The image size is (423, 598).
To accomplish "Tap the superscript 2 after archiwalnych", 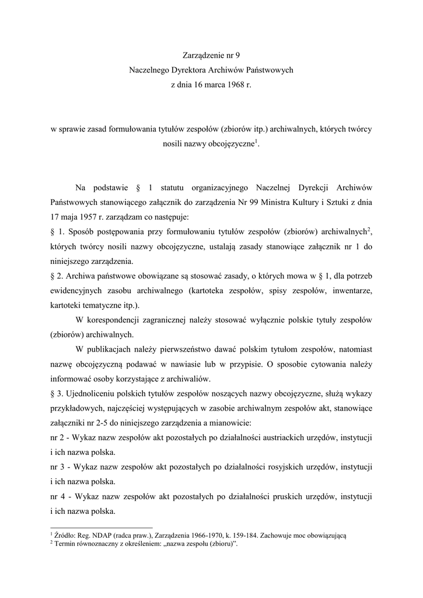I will click(371, 230).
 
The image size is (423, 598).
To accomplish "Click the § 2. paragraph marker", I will click(57, 276).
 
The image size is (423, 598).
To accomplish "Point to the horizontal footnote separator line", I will click(102, 526).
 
